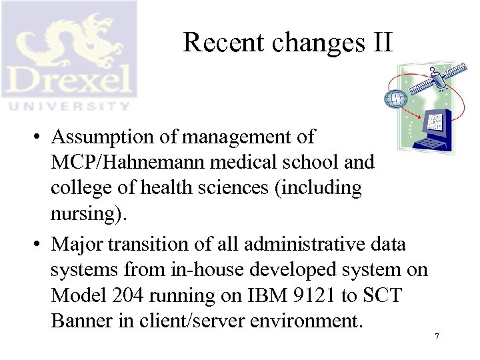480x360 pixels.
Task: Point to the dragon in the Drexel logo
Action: (67, 37)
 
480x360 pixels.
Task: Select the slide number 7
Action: (437, 337)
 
